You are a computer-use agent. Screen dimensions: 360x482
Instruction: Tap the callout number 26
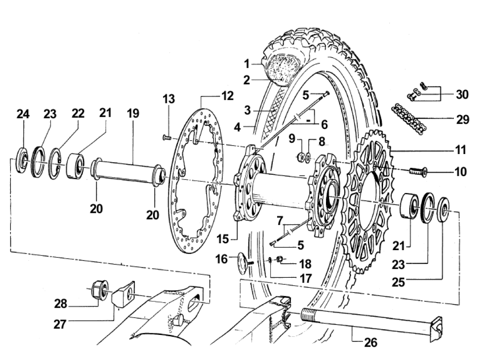click(370, 343)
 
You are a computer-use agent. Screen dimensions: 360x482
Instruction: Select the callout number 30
click(462, 95)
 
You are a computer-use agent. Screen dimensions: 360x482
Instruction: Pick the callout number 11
click(460, 150)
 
